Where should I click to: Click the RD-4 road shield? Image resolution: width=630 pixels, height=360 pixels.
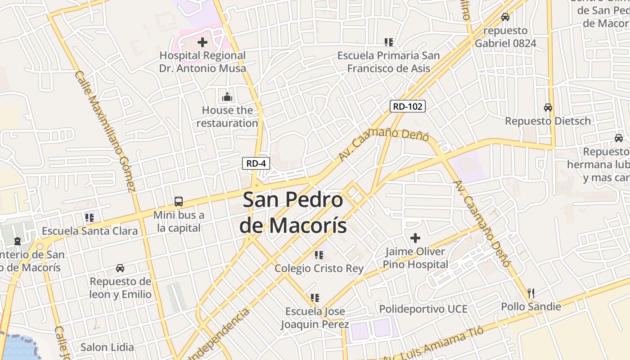[x=256, y=163]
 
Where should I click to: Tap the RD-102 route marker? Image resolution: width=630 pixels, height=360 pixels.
[x=407, y=107]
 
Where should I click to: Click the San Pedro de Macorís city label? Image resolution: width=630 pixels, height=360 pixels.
[x=293, y=212]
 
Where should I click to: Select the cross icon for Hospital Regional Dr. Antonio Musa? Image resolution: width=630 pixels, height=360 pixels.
[x=202, y=42]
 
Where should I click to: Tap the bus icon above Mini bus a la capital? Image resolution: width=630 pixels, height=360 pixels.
[x=179, y=202]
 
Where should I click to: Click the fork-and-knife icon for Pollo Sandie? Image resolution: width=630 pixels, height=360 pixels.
[x=531, y=293]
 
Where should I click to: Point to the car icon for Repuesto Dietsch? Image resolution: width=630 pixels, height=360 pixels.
[x=548, y=108]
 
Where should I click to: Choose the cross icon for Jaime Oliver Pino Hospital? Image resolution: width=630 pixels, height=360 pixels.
[x=415, y=238]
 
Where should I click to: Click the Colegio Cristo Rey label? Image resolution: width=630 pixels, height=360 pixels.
[x=319, y=269]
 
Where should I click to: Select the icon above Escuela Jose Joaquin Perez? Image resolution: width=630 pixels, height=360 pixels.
[x=315, y=298]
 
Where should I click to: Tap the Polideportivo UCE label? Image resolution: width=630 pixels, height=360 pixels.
[x=423, y=309]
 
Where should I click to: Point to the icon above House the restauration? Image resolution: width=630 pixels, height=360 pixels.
[x=227, y=97]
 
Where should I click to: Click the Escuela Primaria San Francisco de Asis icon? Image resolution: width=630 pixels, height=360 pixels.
[x=389, y=42]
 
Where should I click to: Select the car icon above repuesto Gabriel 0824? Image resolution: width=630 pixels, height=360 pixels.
[x=505, y=17]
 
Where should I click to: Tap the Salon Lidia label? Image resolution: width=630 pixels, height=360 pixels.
[x=107, y=347]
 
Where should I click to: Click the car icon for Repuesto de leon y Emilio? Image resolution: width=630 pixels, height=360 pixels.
[x=120, y=268]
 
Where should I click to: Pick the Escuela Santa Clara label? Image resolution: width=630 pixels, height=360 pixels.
[x=90, y=231]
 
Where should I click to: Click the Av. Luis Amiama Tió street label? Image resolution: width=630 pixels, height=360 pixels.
[x=433, y=343]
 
